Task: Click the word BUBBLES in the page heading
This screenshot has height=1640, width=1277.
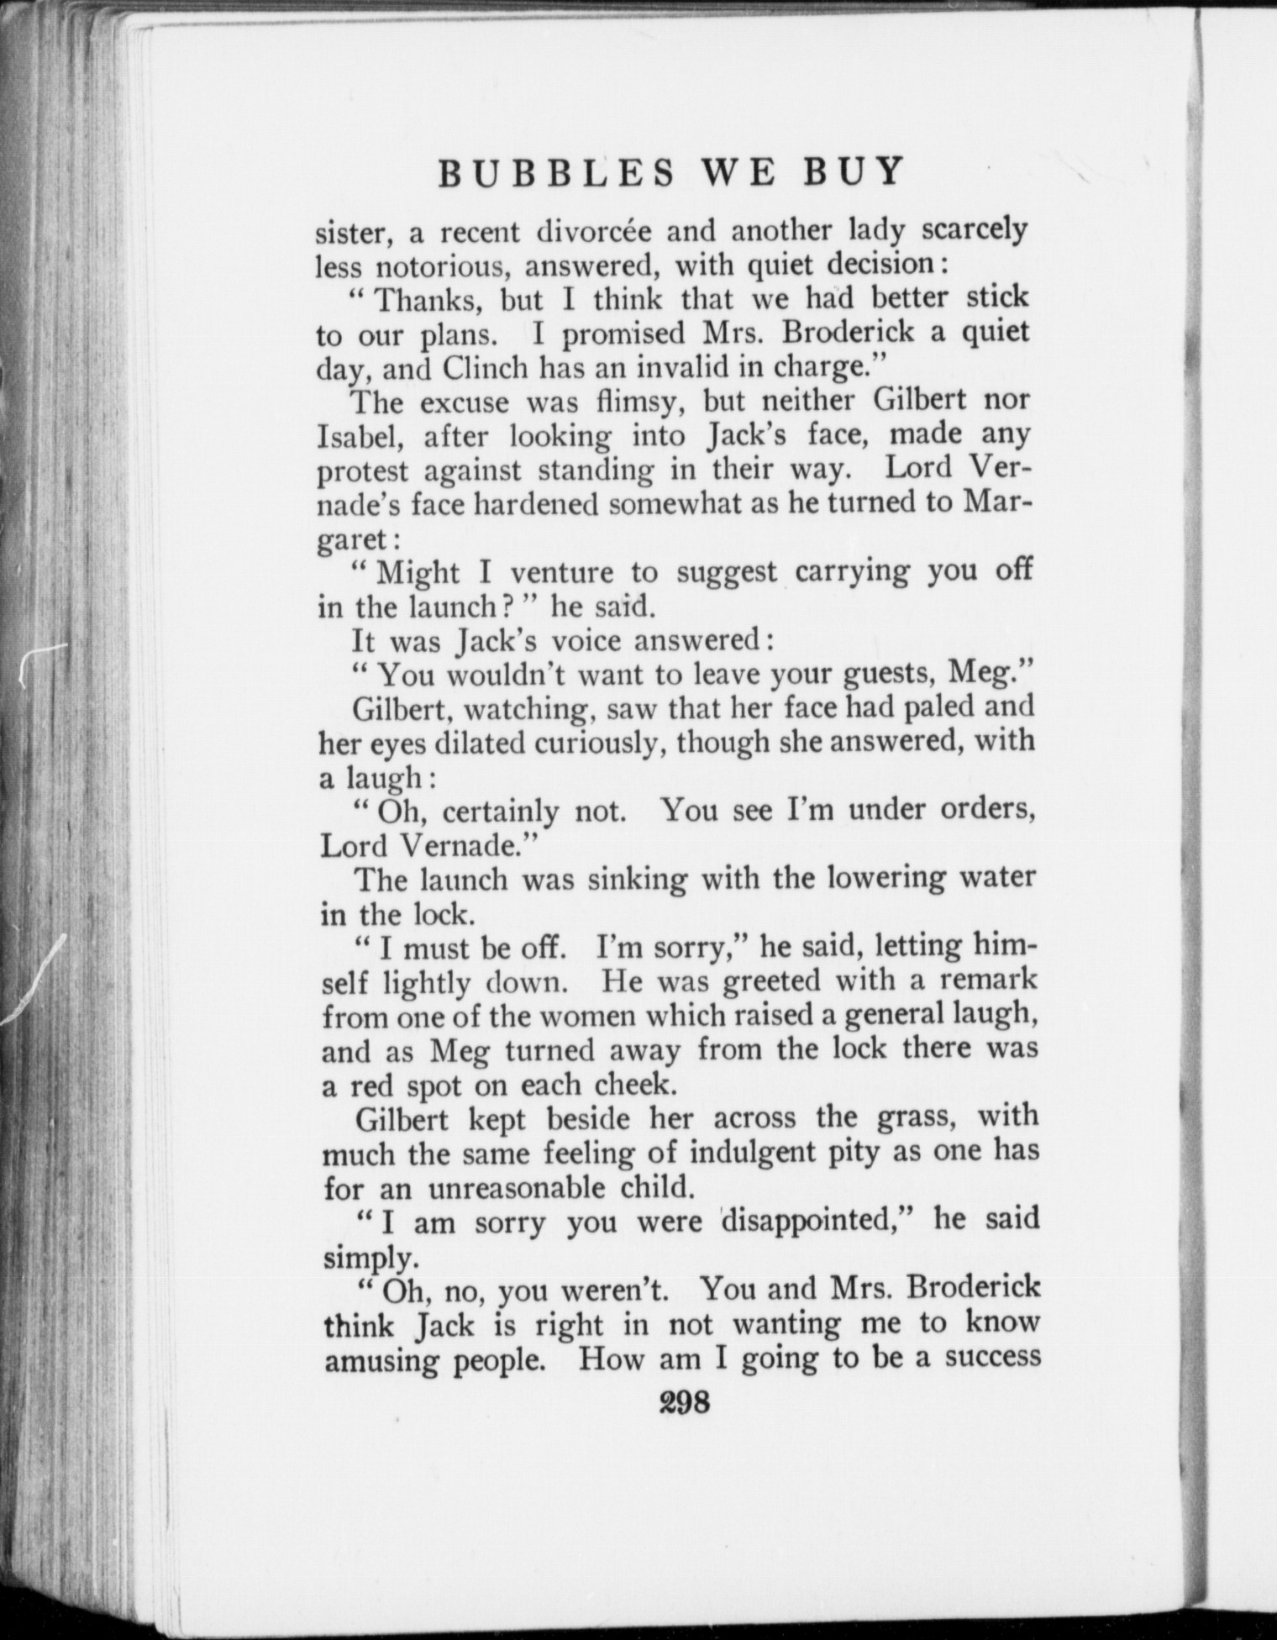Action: click(557, 173)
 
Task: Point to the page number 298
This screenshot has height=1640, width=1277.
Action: click(685, 1404)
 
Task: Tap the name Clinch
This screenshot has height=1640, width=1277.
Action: click(485, 368)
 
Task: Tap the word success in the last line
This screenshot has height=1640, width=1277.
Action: click(991, 1359)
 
